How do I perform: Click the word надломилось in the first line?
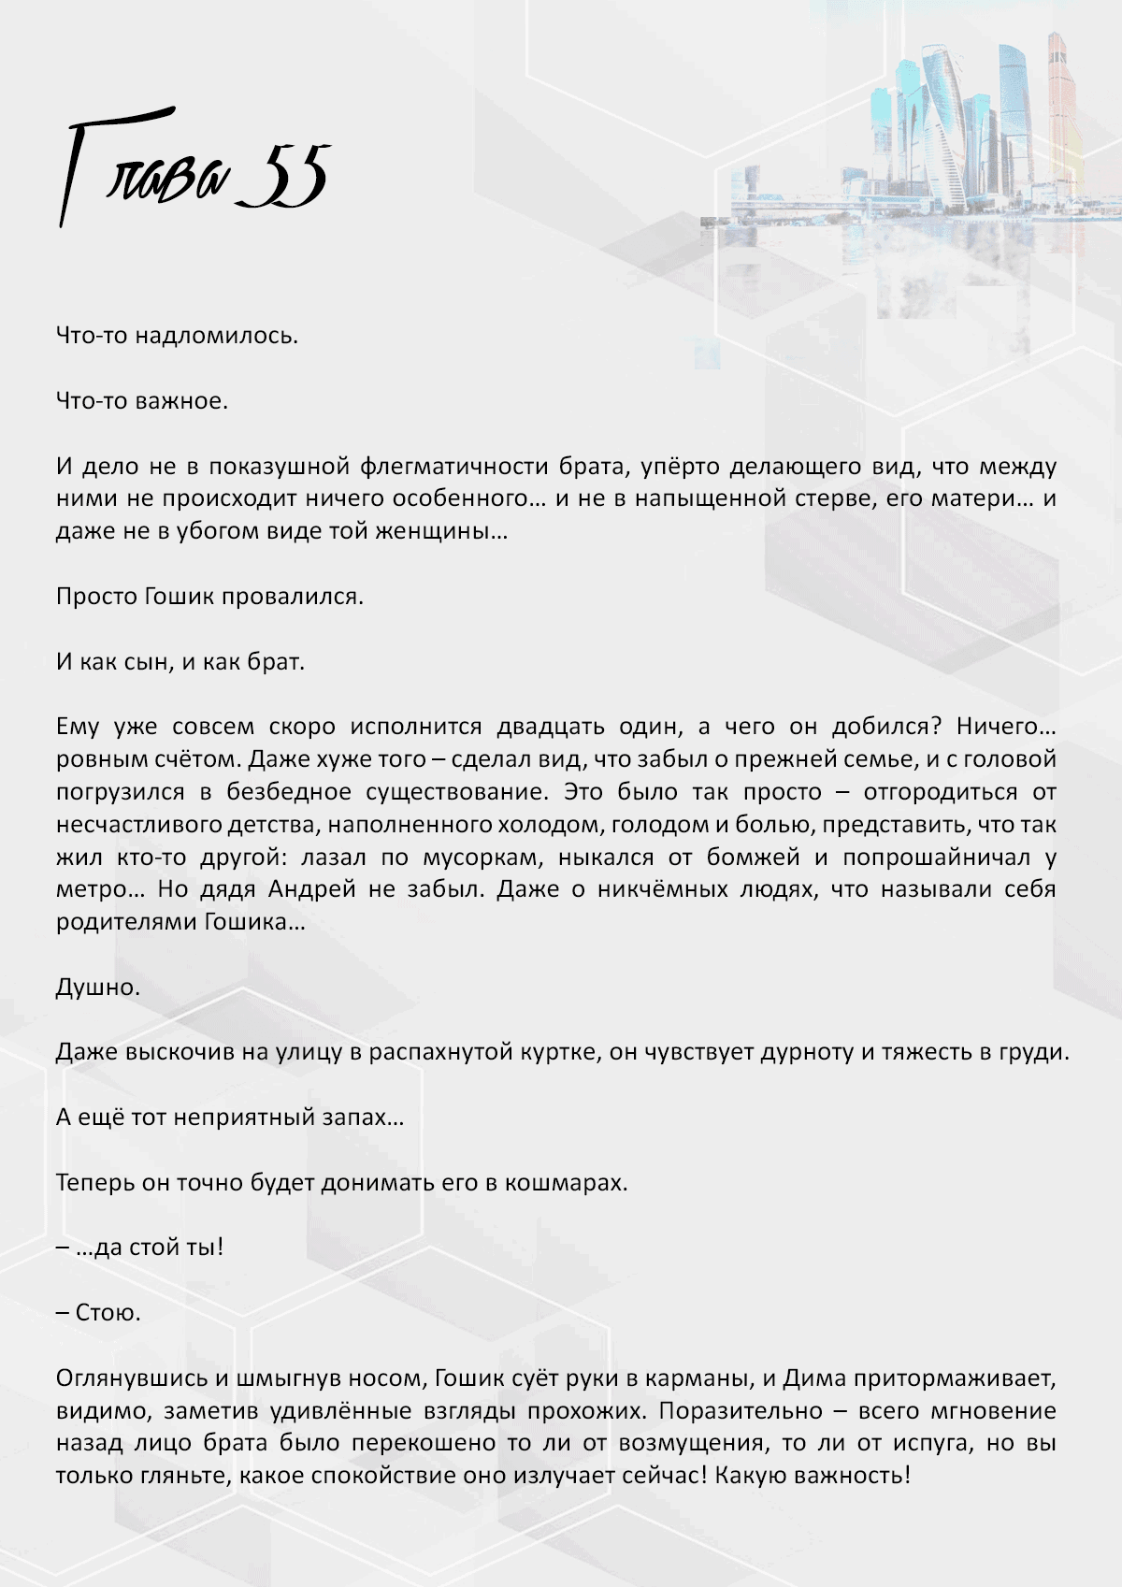point(216,336)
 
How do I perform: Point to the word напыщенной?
point(711,498)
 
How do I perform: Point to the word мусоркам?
point(480,857)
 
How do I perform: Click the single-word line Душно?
point(97,988)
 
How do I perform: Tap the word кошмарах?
point(566,1183)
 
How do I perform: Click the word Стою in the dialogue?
point(107,1313)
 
